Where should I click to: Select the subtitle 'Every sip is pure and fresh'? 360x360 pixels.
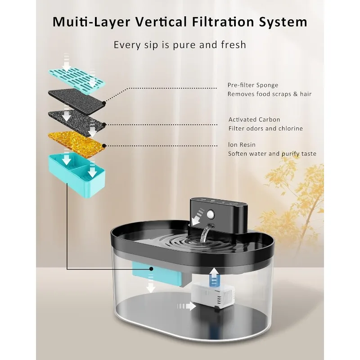[x=180, y=45]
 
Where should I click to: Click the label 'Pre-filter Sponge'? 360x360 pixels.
[x=253, y=85]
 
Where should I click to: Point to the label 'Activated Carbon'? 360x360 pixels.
[x=254, y=120]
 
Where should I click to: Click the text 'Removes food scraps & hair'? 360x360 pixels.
[x=270, y=94]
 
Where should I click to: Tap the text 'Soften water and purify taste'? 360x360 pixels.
[x=272, y=154]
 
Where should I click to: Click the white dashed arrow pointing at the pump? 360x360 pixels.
[x=187, y=306]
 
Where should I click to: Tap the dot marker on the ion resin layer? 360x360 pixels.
[x=104, y=145]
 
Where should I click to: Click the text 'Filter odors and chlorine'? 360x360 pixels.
[x=265, y=129]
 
